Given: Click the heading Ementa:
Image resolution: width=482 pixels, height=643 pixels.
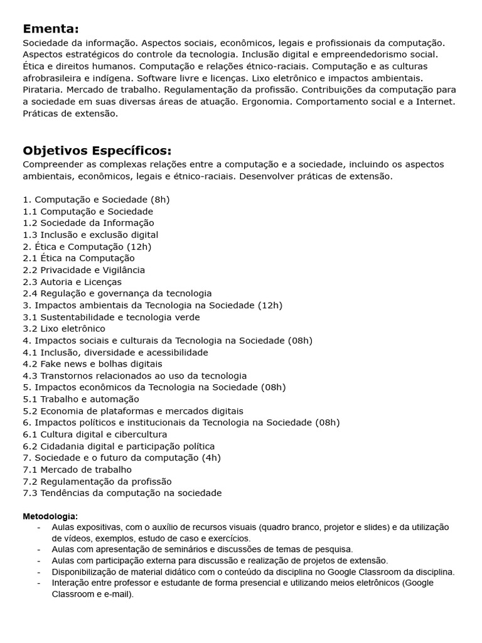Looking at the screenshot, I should coord(51,29).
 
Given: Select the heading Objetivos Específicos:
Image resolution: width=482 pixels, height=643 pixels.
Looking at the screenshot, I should coord(97,151).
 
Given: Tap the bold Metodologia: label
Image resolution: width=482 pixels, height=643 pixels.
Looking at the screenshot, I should coord(50,516).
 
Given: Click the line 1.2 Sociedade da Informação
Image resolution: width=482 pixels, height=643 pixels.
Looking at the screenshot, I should coord(88,223).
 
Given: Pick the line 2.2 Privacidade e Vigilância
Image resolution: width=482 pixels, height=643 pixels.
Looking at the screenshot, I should coord(83,270).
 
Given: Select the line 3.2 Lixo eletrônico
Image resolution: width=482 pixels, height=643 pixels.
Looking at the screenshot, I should coord(64,328).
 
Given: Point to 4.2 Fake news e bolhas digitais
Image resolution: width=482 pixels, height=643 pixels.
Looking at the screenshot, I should coord(92,364).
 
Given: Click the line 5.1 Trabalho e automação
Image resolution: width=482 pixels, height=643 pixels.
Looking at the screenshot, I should coord(81,399).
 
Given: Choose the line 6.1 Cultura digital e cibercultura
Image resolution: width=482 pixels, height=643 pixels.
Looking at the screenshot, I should coord(95,435).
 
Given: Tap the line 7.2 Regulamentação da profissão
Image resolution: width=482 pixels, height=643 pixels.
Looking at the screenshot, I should coord(97,482).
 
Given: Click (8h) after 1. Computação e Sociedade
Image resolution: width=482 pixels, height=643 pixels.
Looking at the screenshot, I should coord(161,200).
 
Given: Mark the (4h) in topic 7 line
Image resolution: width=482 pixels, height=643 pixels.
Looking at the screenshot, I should coord(210,458).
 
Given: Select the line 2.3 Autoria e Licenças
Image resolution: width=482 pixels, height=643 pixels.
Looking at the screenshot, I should coord(72,282).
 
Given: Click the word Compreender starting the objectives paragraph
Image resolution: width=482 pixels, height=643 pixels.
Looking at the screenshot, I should coord(51,165).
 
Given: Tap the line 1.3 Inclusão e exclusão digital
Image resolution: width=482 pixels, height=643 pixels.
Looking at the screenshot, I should coord(90,235).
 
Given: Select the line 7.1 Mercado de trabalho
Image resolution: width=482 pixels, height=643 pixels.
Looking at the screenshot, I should coord(77,470).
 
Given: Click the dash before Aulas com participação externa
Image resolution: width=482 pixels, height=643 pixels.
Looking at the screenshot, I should coord(39,561).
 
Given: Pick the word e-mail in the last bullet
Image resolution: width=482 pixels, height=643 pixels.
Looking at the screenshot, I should coord(117,594).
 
